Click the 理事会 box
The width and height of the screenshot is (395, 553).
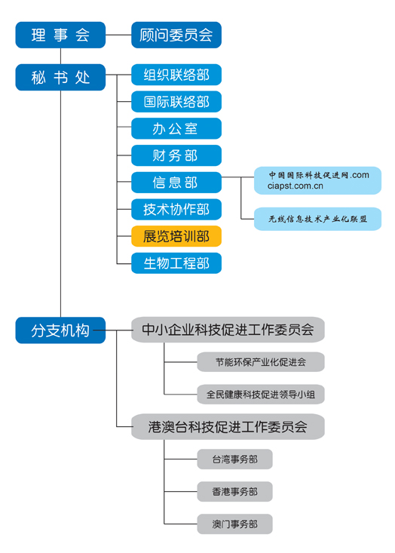point(60,35)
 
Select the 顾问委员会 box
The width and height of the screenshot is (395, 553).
point(176,35)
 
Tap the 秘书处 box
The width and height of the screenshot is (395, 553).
point(60,78)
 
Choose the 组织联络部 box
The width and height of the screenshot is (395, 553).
point(176,75)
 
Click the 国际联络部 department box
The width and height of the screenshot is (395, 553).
point(176,102)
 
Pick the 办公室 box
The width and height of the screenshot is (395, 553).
point(176,129)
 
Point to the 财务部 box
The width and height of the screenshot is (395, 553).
point(176,156)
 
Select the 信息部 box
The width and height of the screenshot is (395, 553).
point(176,183)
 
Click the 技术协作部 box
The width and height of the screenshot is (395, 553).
point(176,209)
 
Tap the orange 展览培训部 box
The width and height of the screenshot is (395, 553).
point(176,236)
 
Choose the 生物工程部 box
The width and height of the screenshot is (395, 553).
point(176,263)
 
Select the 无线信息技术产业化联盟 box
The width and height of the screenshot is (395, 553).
point(317,219)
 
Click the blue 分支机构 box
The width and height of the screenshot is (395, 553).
point(60,330)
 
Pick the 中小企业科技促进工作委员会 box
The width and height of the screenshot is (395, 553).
point(228,330)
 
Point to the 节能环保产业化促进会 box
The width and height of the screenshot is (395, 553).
point(261,362)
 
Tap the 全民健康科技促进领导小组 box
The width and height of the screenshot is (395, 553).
point(261,394)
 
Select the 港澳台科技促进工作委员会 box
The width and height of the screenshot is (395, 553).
point(228,427)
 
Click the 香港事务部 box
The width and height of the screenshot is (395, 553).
point(234,492)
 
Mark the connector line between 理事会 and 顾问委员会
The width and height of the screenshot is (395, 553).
point(118,35)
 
